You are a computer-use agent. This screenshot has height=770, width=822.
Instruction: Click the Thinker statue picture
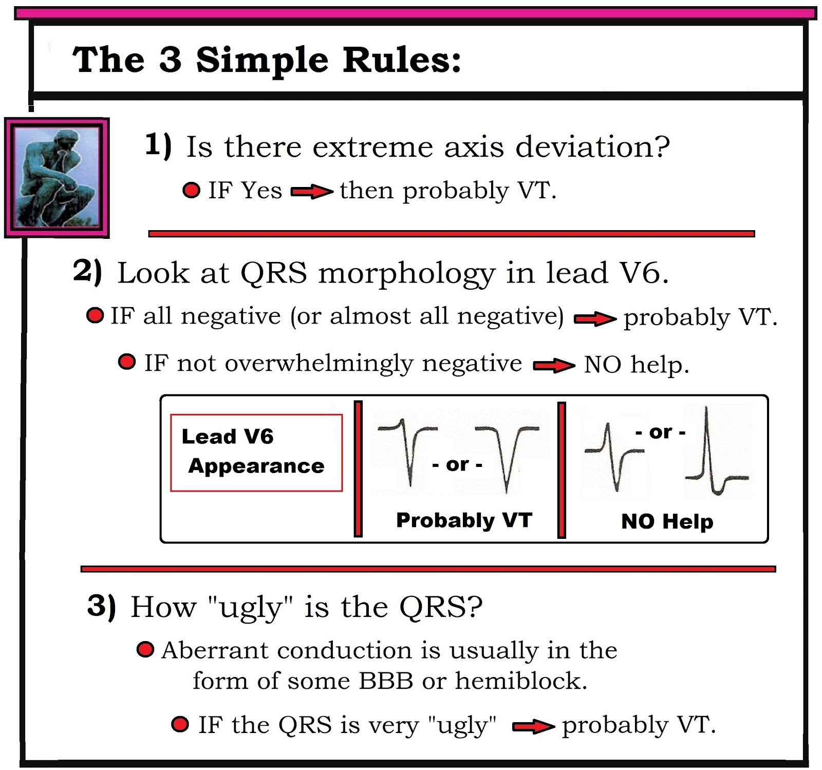[x=57, y=178]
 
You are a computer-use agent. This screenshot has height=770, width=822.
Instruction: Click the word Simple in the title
[x=261, y=61]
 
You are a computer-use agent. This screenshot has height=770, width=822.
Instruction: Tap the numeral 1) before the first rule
[x=158, y=145]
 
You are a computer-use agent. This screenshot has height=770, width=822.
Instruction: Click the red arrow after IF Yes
[x=311, y=192]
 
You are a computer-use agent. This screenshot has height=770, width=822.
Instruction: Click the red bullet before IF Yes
[x=192, y=191]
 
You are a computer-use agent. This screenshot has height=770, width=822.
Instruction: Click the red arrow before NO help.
[x=554, y=366]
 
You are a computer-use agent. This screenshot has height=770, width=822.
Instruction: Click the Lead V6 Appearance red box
[x=256, y=453]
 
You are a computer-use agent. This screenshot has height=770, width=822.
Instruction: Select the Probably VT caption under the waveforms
[x=464, y=520]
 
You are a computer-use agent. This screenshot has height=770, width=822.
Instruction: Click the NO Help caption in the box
[x=667, y=521]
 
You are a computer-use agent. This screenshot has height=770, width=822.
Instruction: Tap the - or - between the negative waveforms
[x=457, y=465]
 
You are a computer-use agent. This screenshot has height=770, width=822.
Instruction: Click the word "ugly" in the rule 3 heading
[x=250, y=608]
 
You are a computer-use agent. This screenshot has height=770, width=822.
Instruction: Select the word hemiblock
[x=520, y=681]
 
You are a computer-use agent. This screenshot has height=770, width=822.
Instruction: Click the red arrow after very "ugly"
[x=533, y=726]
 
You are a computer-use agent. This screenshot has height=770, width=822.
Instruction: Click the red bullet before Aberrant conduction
[x=145, y=650]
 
